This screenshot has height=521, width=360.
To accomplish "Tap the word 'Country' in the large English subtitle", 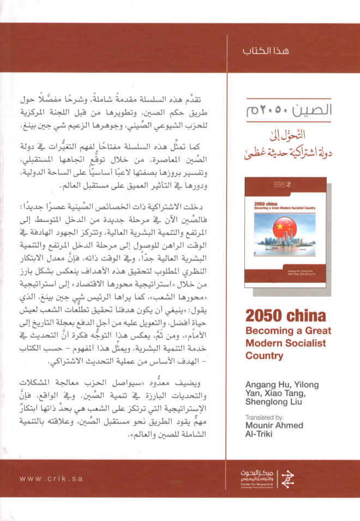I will coord(265,356).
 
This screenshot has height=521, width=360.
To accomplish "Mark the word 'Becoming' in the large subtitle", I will coord(268,330).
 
